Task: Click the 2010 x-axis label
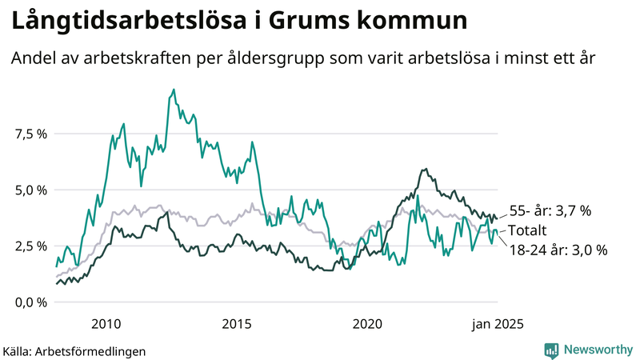tap(106, 324)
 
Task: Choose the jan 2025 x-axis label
tap(498, 324)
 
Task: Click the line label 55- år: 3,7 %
tap(550, 211)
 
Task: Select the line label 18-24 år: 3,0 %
tap(558, 250)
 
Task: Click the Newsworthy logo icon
tap(551, 350)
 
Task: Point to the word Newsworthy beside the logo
tap(597, 350)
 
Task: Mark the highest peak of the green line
tap(174, 90)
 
